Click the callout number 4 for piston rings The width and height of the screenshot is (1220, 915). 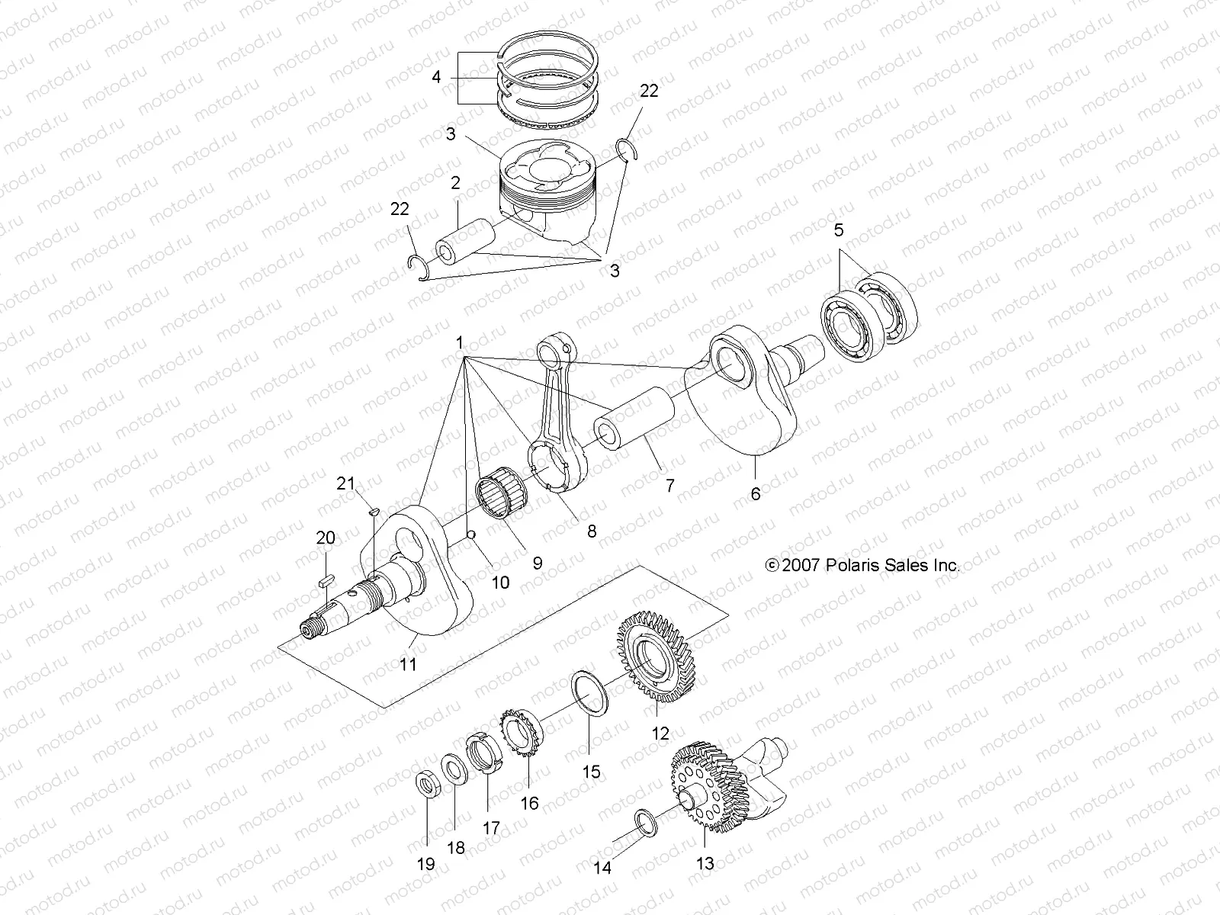[435, 77]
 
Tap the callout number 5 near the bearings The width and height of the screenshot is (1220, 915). [839, 230]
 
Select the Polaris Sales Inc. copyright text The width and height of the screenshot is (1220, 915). [862, 565]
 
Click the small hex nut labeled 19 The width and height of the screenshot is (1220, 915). [425, 785]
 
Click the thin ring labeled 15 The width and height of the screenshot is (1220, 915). [590, 690]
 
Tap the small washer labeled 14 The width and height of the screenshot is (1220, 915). [644, 822]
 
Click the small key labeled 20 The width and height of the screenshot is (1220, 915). [326, 579]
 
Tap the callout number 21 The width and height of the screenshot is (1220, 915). [347, 483]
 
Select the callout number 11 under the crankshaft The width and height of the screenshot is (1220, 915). [408, 664]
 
